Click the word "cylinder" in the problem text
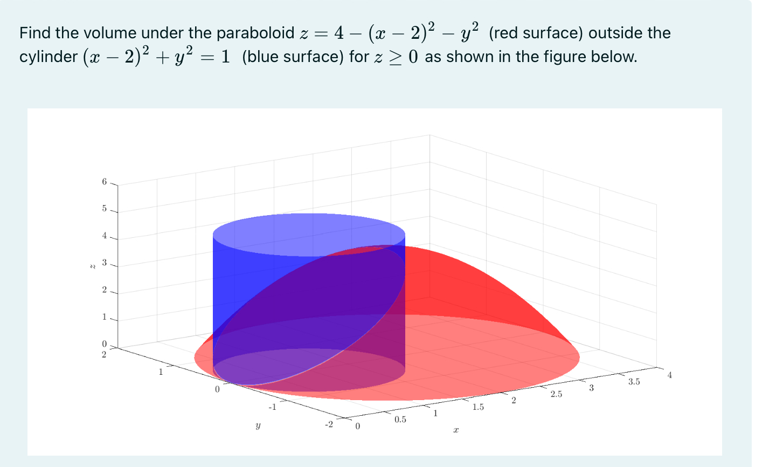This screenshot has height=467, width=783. click(48, 57)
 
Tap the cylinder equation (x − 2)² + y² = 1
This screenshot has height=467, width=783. click(156, 57)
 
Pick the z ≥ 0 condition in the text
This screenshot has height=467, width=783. click(396, 57)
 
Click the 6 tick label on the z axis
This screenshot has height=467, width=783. click(105, 182)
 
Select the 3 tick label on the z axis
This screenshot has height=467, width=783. click(105, 263)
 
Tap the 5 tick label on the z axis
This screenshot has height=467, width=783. click(105, 209)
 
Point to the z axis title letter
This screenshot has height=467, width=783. click(92, 265)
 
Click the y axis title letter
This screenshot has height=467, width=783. click(258, 426)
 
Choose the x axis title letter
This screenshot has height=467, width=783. click(456, 430)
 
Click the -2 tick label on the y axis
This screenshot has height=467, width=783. click(329, 424)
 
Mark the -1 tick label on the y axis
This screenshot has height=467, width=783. click(273, 407)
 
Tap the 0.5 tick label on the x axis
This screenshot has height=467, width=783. click(400, 420)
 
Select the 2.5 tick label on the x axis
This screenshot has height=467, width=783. click(556, 394)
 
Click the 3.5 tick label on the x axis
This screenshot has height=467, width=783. click(634, 382)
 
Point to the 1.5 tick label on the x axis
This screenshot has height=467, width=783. click(478, 407)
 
